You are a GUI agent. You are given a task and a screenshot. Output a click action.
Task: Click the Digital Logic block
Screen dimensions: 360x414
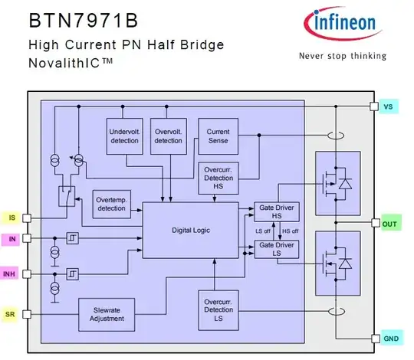pyautogui.click(x=191, y=230)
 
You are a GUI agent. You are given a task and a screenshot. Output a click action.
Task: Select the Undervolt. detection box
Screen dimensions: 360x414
pyautogui.click(x=125, y=136)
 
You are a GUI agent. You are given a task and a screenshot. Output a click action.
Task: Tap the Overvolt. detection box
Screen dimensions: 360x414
pyautogui.click(x=168, y=136)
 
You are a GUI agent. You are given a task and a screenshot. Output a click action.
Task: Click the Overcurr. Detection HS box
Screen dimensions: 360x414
pyautogui.click(x=218, y=178)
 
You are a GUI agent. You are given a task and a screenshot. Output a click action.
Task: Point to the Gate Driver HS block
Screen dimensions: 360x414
pyautogui.click(x=277, y=211)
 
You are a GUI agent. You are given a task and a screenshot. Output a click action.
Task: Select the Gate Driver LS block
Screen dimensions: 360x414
pyautogui.click(x=277, y=249)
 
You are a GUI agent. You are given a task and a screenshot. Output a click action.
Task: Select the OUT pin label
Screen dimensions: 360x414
pyautogui.click(x=389, y=224)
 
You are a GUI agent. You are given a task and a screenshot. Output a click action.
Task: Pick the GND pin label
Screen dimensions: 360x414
pyautogui.click(x=389, y=339)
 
